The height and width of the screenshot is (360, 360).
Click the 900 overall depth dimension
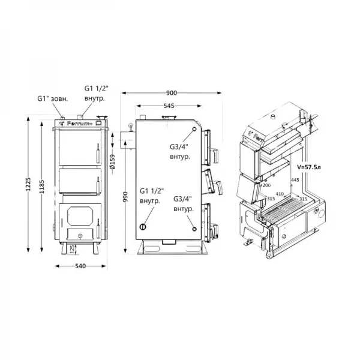(172, 93)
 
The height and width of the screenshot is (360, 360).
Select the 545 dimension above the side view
(169, 106)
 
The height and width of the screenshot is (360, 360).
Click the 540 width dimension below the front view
(80, 266)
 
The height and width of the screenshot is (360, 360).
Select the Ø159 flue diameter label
(112, 162)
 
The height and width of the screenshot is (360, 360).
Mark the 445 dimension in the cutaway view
(294, 179)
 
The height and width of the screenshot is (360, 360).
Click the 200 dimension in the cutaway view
(266, 185)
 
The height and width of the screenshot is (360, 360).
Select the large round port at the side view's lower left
(143, 227)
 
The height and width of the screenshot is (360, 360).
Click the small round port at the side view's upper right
(195, 130)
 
